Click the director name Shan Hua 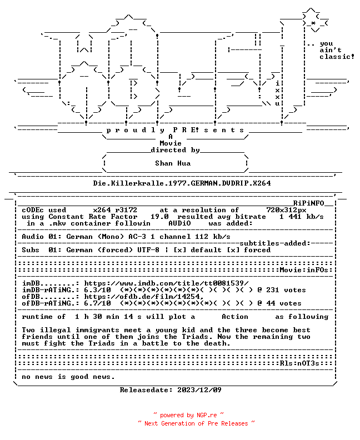(173, 163)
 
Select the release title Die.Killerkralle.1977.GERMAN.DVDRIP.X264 (182, 183)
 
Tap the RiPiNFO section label (309, 203)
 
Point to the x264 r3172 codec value (115, 210)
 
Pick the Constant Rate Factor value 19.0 (159, 217)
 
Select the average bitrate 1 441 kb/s (301, 217)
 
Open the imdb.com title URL (166, 283)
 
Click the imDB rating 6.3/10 (97, 290)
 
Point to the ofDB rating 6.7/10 (97, 303)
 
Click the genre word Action (235, 317)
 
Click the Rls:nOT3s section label (299, 363)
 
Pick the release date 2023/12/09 (199, 390)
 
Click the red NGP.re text (207, 416)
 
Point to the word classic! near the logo (337, 57)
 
